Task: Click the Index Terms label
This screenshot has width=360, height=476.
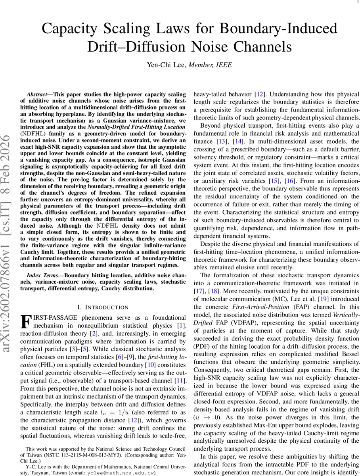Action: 42,275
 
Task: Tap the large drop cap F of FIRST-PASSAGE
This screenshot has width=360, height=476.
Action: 25,321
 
